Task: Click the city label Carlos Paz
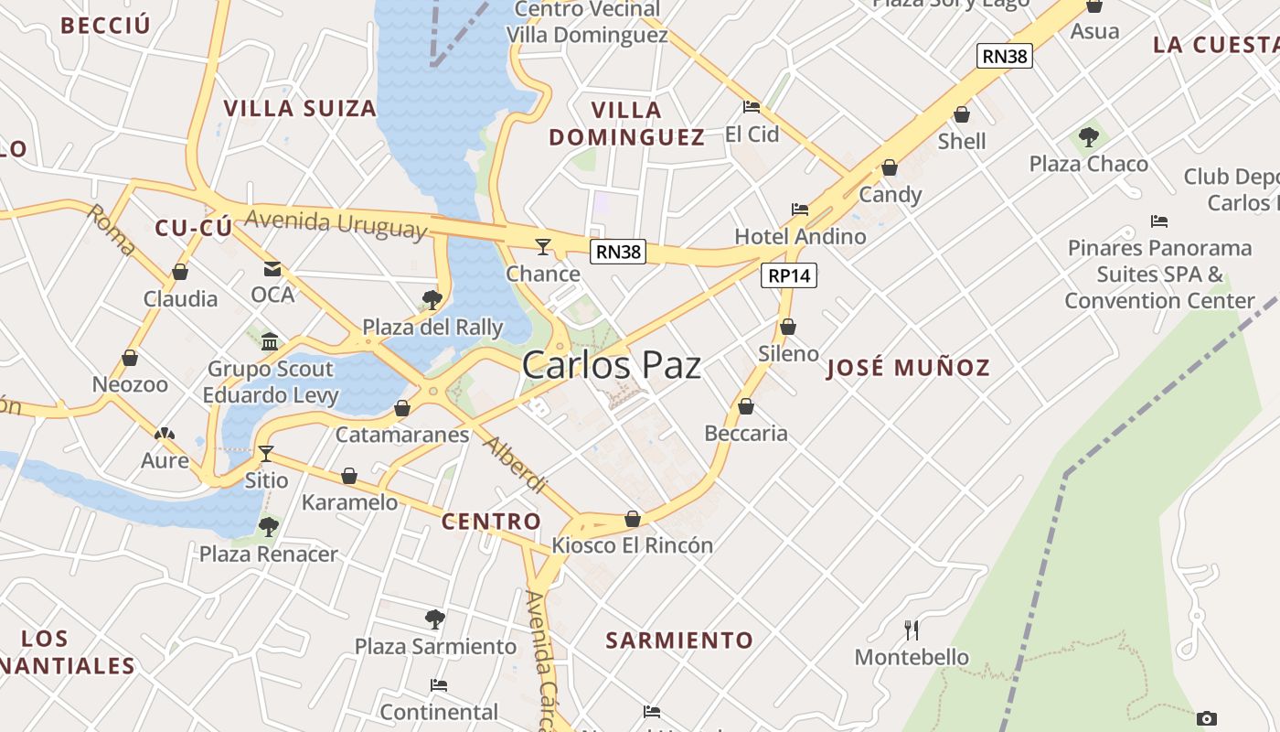611,365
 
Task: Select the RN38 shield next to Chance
618,252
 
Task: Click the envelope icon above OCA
272,269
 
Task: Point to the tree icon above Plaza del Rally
432,300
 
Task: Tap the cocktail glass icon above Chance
543,246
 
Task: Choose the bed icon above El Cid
752,107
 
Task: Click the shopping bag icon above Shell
962,114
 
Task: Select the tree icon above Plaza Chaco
1088,137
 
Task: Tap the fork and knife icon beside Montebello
911,630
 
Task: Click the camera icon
1206,718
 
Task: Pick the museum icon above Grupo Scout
270,342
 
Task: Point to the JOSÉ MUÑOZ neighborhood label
908,368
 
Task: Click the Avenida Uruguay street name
336,222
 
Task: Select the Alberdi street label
515,466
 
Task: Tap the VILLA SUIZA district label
300,108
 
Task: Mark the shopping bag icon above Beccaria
746,406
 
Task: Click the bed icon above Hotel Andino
800,210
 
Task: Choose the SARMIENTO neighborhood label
679,640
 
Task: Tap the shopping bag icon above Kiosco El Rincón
632,519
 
